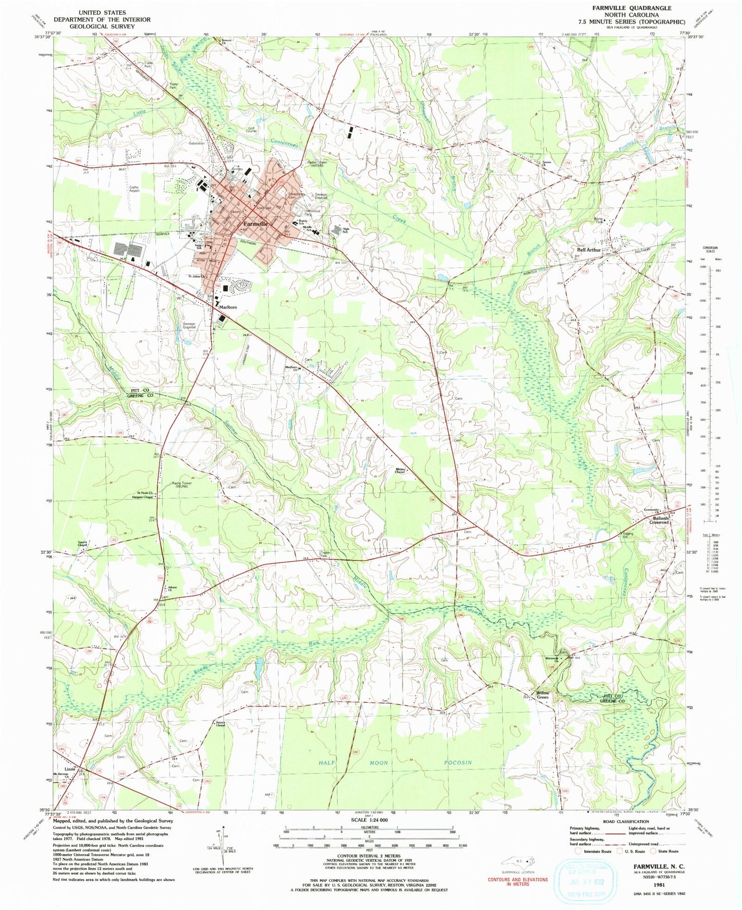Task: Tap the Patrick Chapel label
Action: point(219,725)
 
